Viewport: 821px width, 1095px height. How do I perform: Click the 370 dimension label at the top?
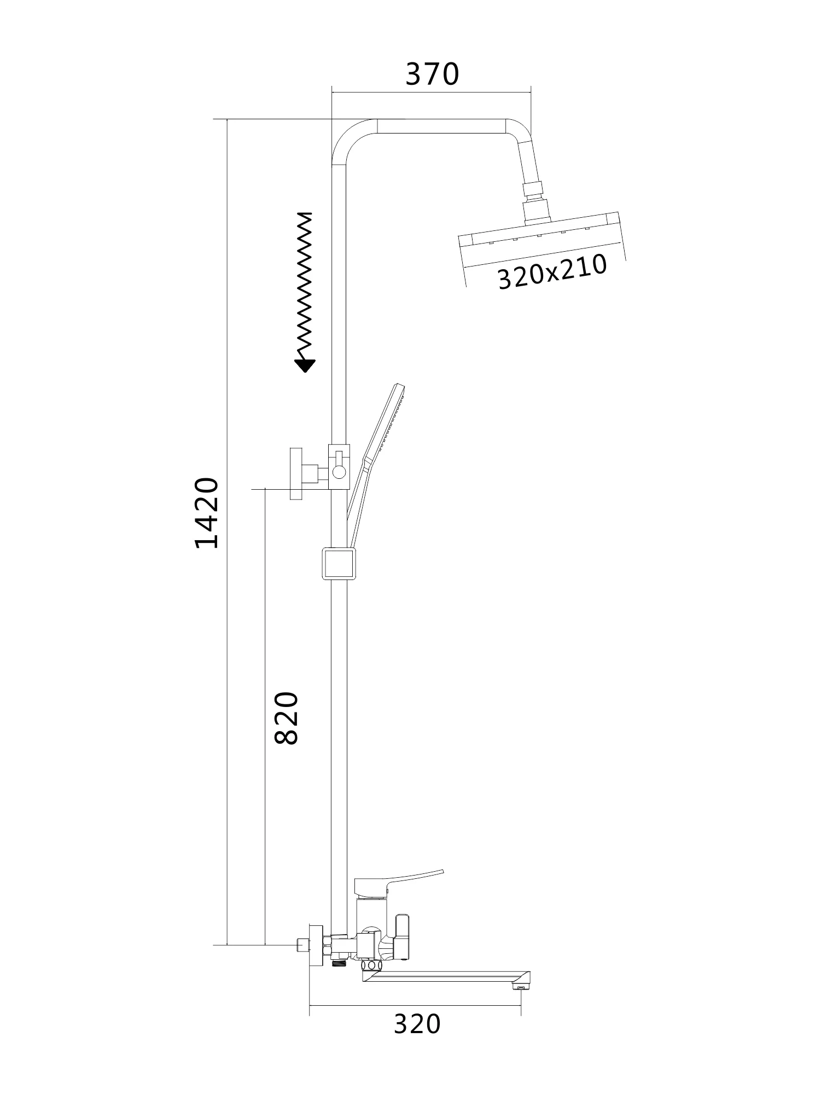[x=432, y=74]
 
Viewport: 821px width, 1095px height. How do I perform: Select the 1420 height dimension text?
[x=207, y=513]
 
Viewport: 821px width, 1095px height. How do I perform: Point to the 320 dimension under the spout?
[x=417, y=1024]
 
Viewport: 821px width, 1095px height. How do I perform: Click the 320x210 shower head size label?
[x=552, y=272]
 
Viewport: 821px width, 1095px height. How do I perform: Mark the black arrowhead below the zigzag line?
[x=305, y=366]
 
